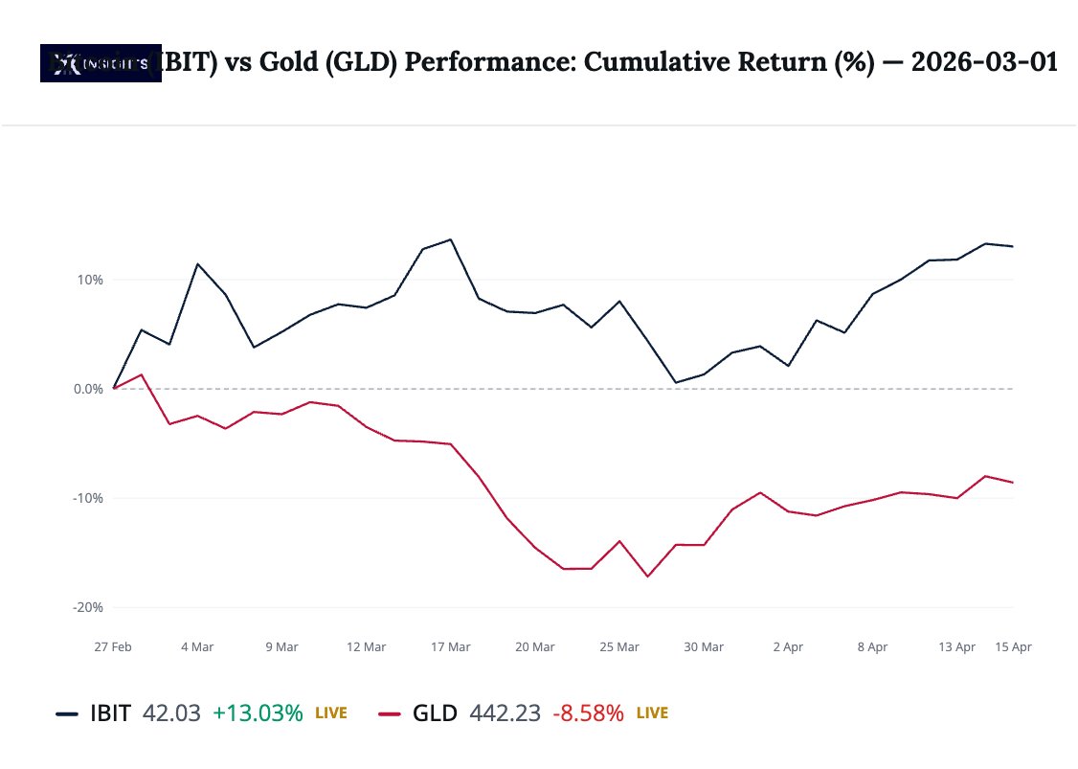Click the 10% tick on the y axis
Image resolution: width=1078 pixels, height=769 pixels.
(x=90, y=280)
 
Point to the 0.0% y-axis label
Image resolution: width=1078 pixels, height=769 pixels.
(x=87, y=389)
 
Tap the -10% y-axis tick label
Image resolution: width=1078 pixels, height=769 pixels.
(x=88, y=498)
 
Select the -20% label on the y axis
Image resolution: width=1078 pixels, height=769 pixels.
(x=88, y=607)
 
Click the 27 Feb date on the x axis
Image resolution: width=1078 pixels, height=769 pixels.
(x=113, y=647)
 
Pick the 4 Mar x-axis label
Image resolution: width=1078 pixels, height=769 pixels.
(x=197, y=647)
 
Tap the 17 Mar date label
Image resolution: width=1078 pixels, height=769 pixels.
(x=451, y=647)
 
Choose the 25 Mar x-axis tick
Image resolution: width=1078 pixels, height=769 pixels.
(x=619, y=647)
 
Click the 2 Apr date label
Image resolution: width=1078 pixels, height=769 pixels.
(x=788, y=647)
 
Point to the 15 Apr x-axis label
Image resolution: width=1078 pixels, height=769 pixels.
(x=1014, y=647)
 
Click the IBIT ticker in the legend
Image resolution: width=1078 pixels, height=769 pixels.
(x=110, y=713)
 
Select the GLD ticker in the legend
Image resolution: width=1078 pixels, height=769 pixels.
(x=435, y=713)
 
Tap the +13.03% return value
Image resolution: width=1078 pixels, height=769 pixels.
(x=258, y=713)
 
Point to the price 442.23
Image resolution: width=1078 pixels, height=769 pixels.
(x=505, y=713)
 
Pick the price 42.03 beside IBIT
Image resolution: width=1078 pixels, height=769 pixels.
(x=171, y=713)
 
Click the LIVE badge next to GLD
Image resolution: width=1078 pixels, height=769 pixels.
(x=652, y=713)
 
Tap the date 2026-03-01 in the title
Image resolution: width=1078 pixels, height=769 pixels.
(x=984, y=63)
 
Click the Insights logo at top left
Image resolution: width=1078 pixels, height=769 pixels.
(x=101, y=64)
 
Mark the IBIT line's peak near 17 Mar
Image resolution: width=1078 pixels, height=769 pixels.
(x=451, y=239)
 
